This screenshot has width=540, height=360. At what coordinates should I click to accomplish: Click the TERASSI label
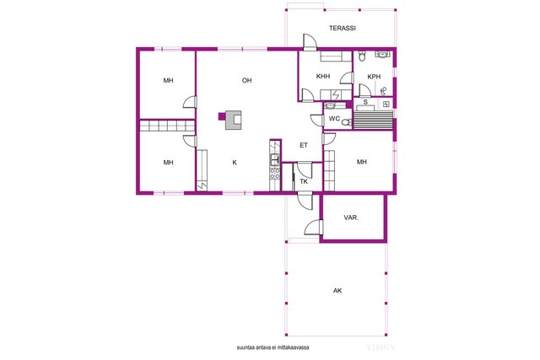coord(342,28)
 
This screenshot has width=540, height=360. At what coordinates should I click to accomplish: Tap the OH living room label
coord(246,81)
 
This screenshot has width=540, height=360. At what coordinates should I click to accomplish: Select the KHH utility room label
coord(323,76)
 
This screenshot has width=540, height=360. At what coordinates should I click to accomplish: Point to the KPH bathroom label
coord(374,77)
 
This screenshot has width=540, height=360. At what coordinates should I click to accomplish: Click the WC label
coord(334,119)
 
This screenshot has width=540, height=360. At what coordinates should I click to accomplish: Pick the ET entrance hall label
coord(304,145)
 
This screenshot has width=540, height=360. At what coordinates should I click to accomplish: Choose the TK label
coord(304,181)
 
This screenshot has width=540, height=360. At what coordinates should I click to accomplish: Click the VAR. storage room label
coord(351,218)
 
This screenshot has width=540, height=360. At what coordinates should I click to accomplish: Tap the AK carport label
coord(337,291)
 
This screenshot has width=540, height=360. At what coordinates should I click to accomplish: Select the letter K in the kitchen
coord(235,163)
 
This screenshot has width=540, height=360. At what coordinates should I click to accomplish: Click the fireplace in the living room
coord(233,120)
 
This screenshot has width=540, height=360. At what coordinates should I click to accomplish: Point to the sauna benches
coord(373,118)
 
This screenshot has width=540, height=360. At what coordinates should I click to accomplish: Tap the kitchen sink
coord(275,159)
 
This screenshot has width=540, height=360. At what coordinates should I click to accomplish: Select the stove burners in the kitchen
coord(275,173)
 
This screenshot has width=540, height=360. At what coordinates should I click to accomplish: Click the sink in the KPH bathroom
coord(382,54)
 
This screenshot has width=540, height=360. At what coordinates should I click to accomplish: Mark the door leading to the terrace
coord(310,42)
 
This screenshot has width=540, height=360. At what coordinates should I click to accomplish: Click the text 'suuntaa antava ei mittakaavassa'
coord(273,347)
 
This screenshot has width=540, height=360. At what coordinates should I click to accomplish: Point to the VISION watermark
coord(381,347)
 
